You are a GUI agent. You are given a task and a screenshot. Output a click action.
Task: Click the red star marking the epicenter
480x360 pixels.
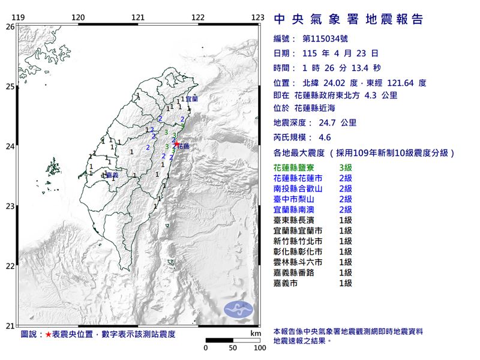pyautogui.click(x=176, y=144)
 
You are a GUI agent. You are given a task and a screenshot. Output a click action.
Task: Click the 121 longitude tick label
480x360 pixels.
pyautogui.click(x=138, y=17)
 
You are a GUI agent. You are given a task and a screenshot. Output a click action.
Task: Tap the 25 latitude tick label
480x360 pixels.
pyautogui.click(x=10, y=87)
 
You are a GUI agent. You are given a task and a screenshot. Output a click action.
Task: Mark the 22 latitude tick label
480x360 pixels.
pyautogui.click(x=10, y=266)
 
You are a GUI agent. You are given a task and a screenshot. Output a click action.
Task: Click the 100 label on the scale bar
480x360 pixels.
pyautogui.click(x=259, y=347)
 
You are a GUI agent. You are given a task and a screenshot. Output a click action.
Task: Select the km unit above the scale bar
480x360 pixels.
pyautogui.click(x=256, y=332)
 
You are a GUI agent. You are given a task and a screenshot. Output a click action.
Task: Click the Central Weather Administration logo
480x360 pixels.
pyautogui.click(x=239, y=310)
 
